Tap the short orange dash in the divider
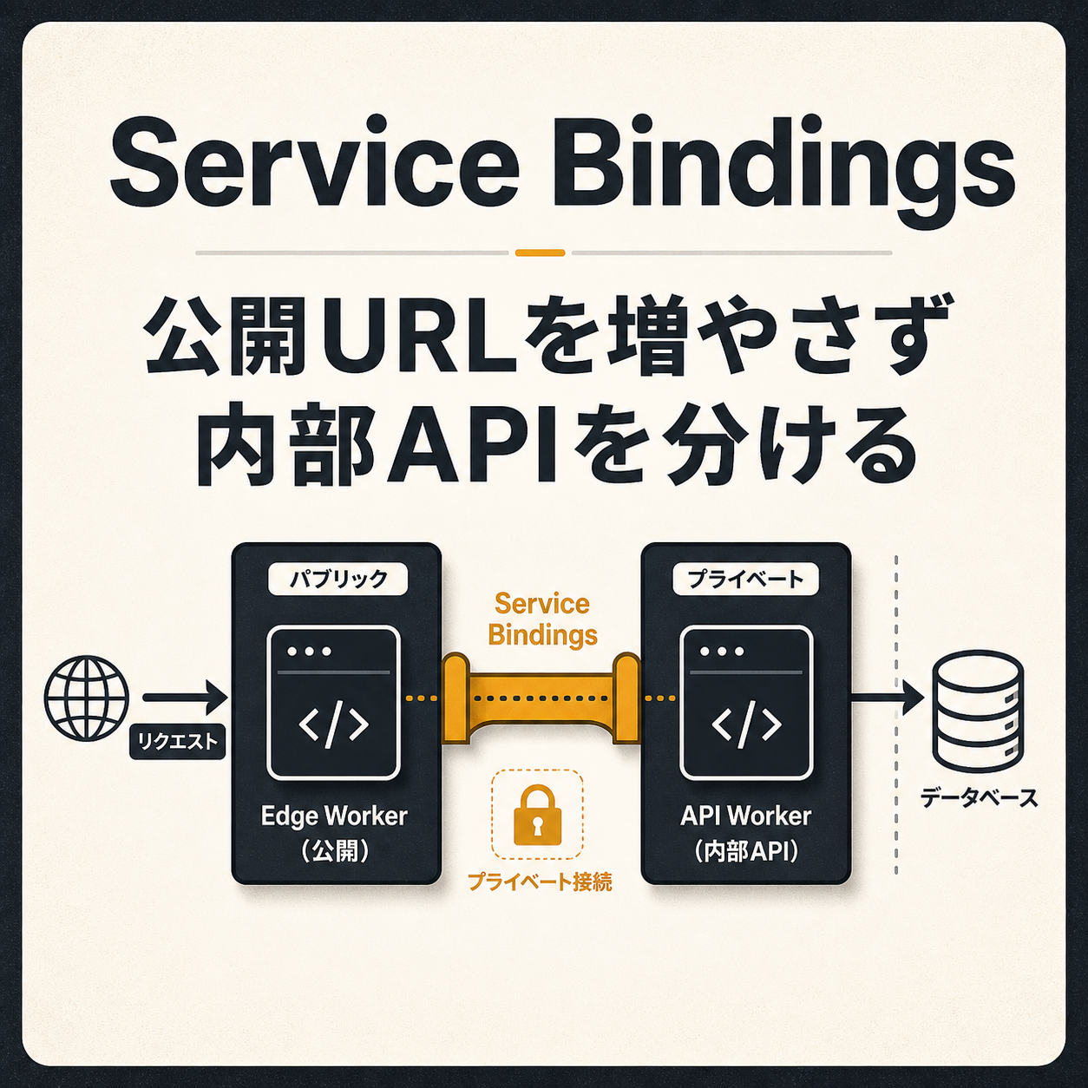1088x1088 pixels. tap(540, 253)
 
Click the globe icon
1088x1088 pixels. tap(87, 698)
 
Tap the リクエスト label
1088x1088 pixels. tap(177, 741)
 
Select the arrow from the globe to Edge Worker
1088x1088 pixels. tap(186, 698)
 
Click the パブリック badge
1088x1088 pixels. tap(338, 580)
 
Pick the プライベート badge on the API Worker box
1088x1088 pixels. tap(745, 580)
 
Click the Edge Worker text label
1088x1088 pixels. tap(334, 816)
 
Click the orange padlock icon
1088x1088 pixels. tap(538, 815)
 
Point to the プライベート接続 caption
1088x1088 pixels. tap(539, 881)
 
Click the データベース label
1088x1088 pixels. tap(979, 798)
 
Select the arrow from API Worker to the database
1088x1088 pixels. tap(887, 699)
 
